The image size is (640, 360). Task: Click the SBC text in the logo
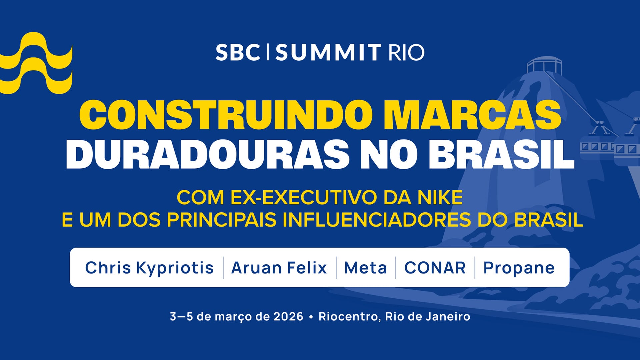pyautogui.click(x=238, y=52)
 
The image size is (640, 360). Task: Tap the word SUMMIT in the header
pyautogui.click(x=328, y=52)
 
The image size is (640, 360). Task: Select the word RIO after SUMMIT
pyautogui.click(x=406, y=52)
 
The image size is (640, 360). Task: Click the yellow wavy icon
pyautogui.click(x=36, y=63)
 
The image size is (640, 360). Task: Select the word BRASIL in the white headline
pyautogui.click(x=501, y=154)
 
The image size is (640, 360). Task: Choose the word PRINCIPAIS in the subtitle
pyautogui.click(x=222, y=220)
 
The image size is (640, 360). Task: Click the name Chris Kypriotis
pyautogui.click(x=149, y=268)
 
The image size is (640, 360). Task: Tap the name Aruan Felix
pyautogui.click(x=279, y=268)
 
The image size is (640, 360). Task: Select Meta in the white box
pyautogui.click(x=366, y=268)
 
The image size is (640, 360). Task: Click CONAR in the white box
pyautogui.click(x=435, y=268)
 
